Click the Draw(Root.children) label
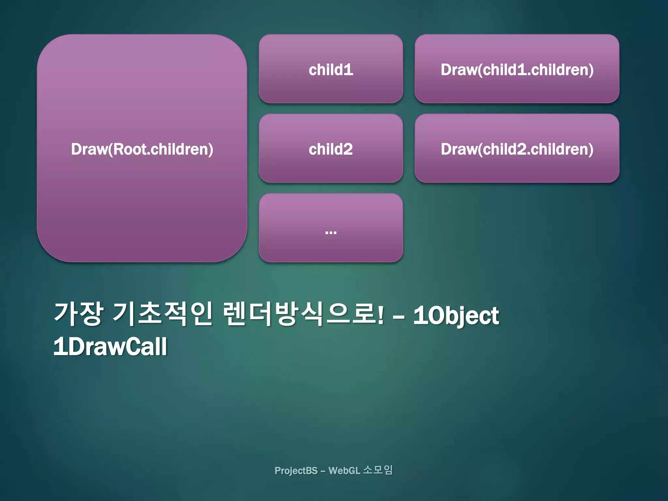click(142, 149)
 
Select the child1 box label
click(331, 70)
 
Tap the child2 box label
click(331, 149)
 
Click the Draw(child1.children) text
click(517, 70)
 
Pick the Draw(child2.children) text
click(517, 149)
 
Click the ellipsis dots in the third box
click(331, 233)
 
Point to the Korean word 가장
click(78, 314)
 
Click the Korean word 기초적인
click(162, 314)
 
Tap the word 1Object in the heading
click(456, 316)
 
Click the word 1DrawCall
click(110, 346)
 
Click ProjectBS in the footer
click(296, 471)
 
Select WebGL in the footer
click(344, 471)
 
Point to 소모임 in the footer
click(378, 470)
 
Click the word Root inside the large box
click(129, 149)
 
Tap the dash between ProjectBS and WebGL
click(323, 471)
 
